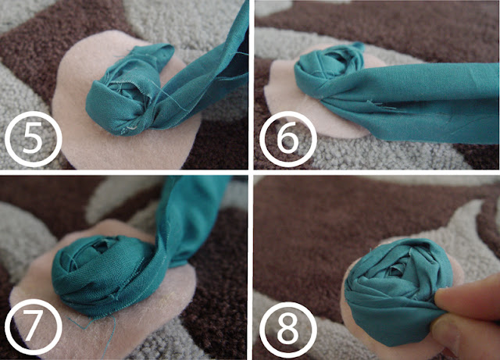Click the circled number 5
(x=33, y=139)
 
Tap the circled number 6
(x=288, y=139)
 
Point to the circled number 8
(x=288, y=330)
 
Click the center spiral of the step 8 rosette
(x=395, y=270)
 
